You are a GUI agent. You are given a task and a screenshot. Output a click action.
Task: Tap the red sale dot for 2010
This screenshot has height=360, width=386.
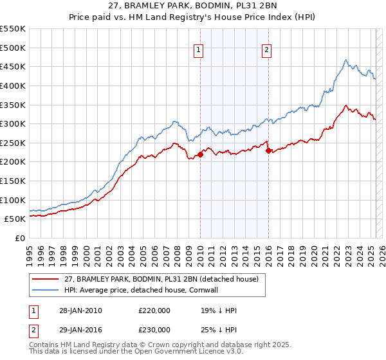pyautogui.click(x=200, y=154)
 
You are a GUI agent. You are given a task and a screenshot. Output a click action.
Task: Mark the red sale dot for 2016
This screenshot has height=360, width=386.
pyautogui.click(x=268, y=150)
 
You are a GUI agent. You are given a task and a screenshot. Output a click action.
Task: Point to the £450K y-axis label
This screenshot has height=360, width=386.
pyautogui.click(x=12, y=66)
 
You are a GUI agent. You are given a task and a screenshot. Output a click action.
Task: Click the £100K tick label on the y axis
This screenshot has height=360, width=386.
pyautogui.click(x=12, y=200)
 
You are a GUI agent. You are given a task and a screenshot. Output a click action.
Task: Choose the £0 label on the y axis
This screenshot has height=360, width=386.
pyautogui.click(x=20, y=238)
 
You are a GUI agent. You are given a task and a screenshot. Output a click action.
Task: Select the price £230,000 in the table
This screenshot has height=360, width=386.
pyautogui.click(x=154, y=329)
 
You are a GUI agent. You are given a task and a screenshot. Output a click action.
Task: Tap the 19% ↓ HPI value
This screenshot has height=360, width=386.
pyautogui.click(x=219, y=310)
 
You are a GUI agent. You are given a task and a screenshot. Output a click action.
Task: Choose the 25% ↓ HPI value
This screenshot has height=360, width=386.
pyautogui.click(x=219, y=329)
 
